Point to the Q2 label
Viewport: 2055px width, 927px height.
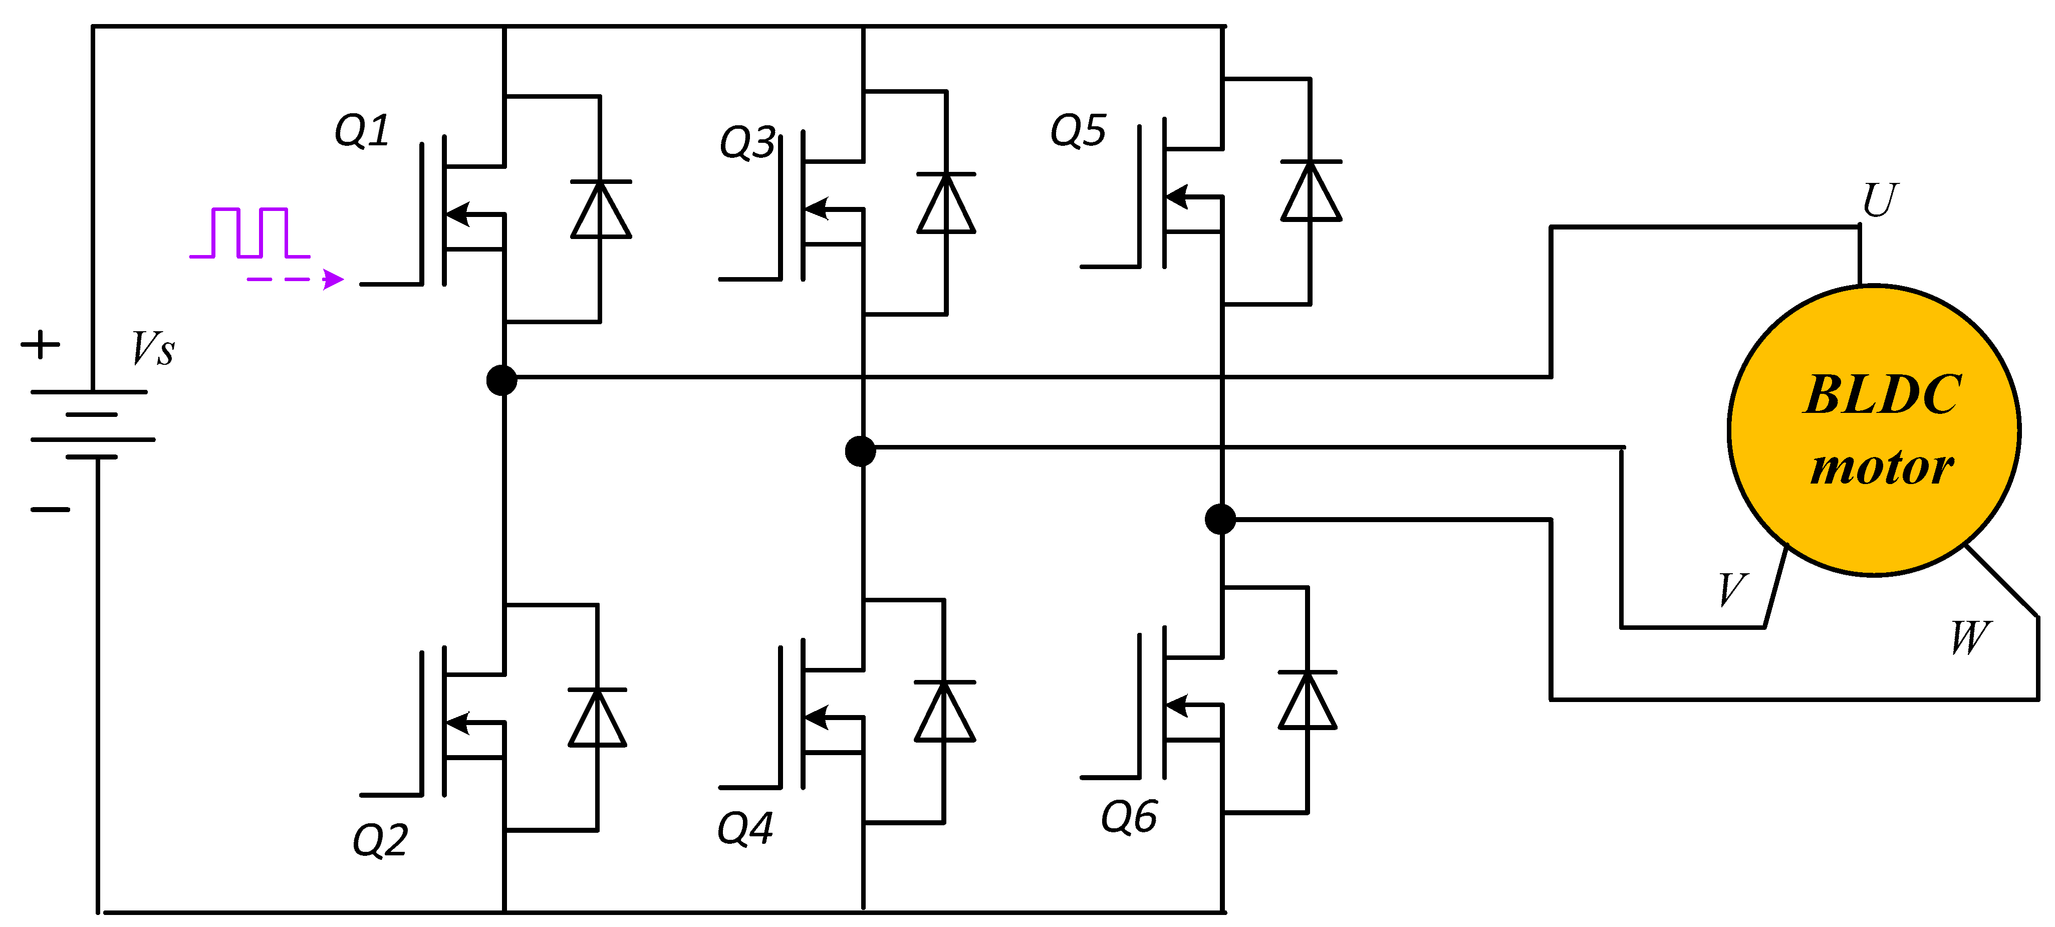click(x=381, y=839)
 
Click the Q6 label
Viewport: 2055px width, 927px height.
click(x=1129, y=816)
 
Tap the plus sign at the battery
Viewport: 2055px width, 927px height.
click(x=40, y=345)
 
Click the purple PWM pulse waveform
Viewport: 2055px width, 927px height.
click(x=249, y=233)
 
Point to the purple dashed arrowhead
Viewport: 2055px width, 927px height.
click(x=334, y=279)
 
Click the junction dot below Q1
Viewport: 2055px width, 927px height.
click(x=502, y=380)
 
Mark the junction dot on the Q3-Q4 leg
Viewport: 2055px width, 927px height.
click(x=860, y=451)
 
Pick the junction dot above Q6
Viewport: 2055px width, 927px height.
click(x=1220, y=519)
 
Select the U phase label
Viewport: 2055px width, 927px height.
click(x=1880, y=199)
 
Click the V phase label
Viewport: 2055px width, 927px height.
click(x=1733, y=590)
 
